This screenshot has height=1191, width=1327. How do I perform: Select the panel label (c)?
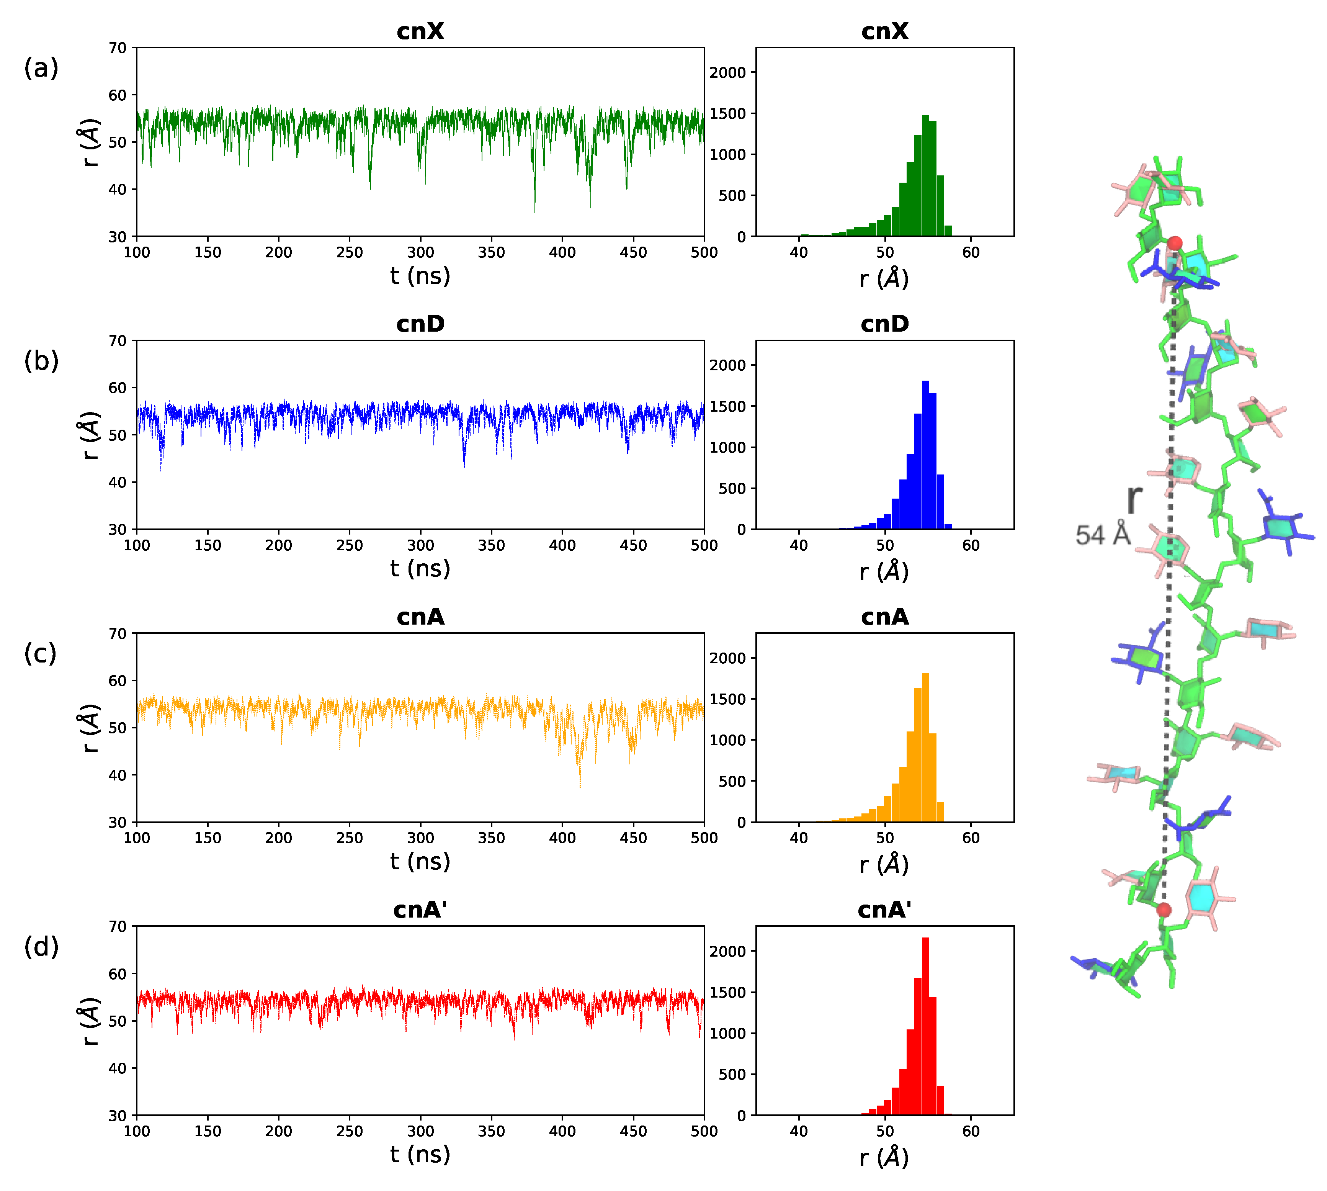41,653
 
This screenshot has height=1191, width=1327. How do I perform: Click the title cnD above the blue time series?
420,324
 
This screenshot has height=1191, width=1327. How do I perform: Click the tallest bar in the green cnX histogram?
925,177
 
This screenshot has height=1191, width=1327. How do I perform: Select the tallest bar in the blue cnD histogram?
925,455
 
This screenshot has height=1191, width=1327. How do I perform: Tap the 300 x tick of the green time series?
420,253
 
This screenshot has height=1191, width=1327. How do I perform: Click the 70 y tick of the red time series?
118,927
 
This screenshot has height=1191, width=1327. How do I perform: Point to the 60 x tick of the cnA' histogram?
971,1131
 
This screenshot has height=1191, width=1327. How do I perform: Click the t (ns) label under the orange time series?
420,861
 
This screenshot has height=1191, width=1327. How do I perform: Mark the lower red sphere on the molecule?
1164,910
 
